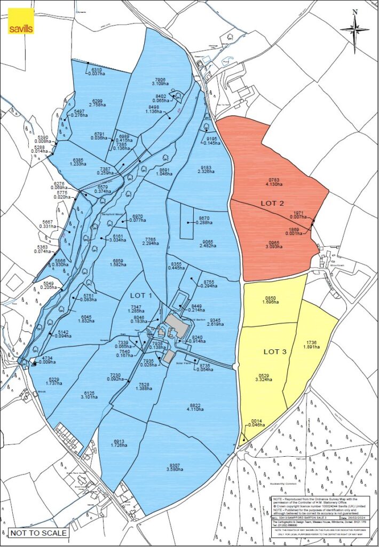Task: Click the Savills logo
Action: click(x=21, y=21)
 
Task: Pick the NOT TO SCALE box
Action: click(x=38, y=533)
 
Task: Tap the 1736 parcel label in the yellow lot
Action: click(x=312, y=342)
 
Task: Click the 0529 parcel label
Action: click(x=263, y=377)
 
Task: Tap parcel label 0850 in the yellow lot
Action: click(x=270, y=298)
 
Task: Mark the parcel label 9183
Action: click(x=205, y=168)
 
